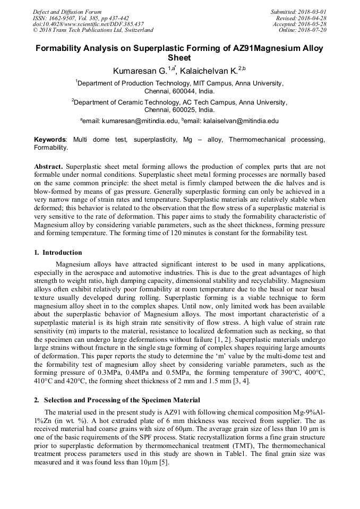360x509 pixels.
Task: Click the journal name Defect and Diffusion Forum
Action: coord(67,12)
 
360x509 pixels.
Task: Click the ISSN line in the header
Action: coord(80,18)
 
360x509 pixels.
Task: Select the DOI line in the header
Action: coord(88,24)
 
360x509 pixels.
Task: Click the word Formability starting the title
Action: coord(57,48)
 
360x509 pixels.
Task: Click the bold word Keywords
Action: coord(50,140)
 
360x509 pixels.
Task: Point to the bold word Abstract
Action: coord(49,166)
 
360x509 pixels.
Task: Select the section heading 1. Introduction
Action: coord(58,252)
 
